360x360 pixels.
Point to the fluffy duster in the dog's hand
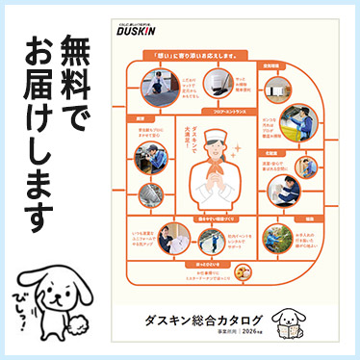(76, 318)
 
